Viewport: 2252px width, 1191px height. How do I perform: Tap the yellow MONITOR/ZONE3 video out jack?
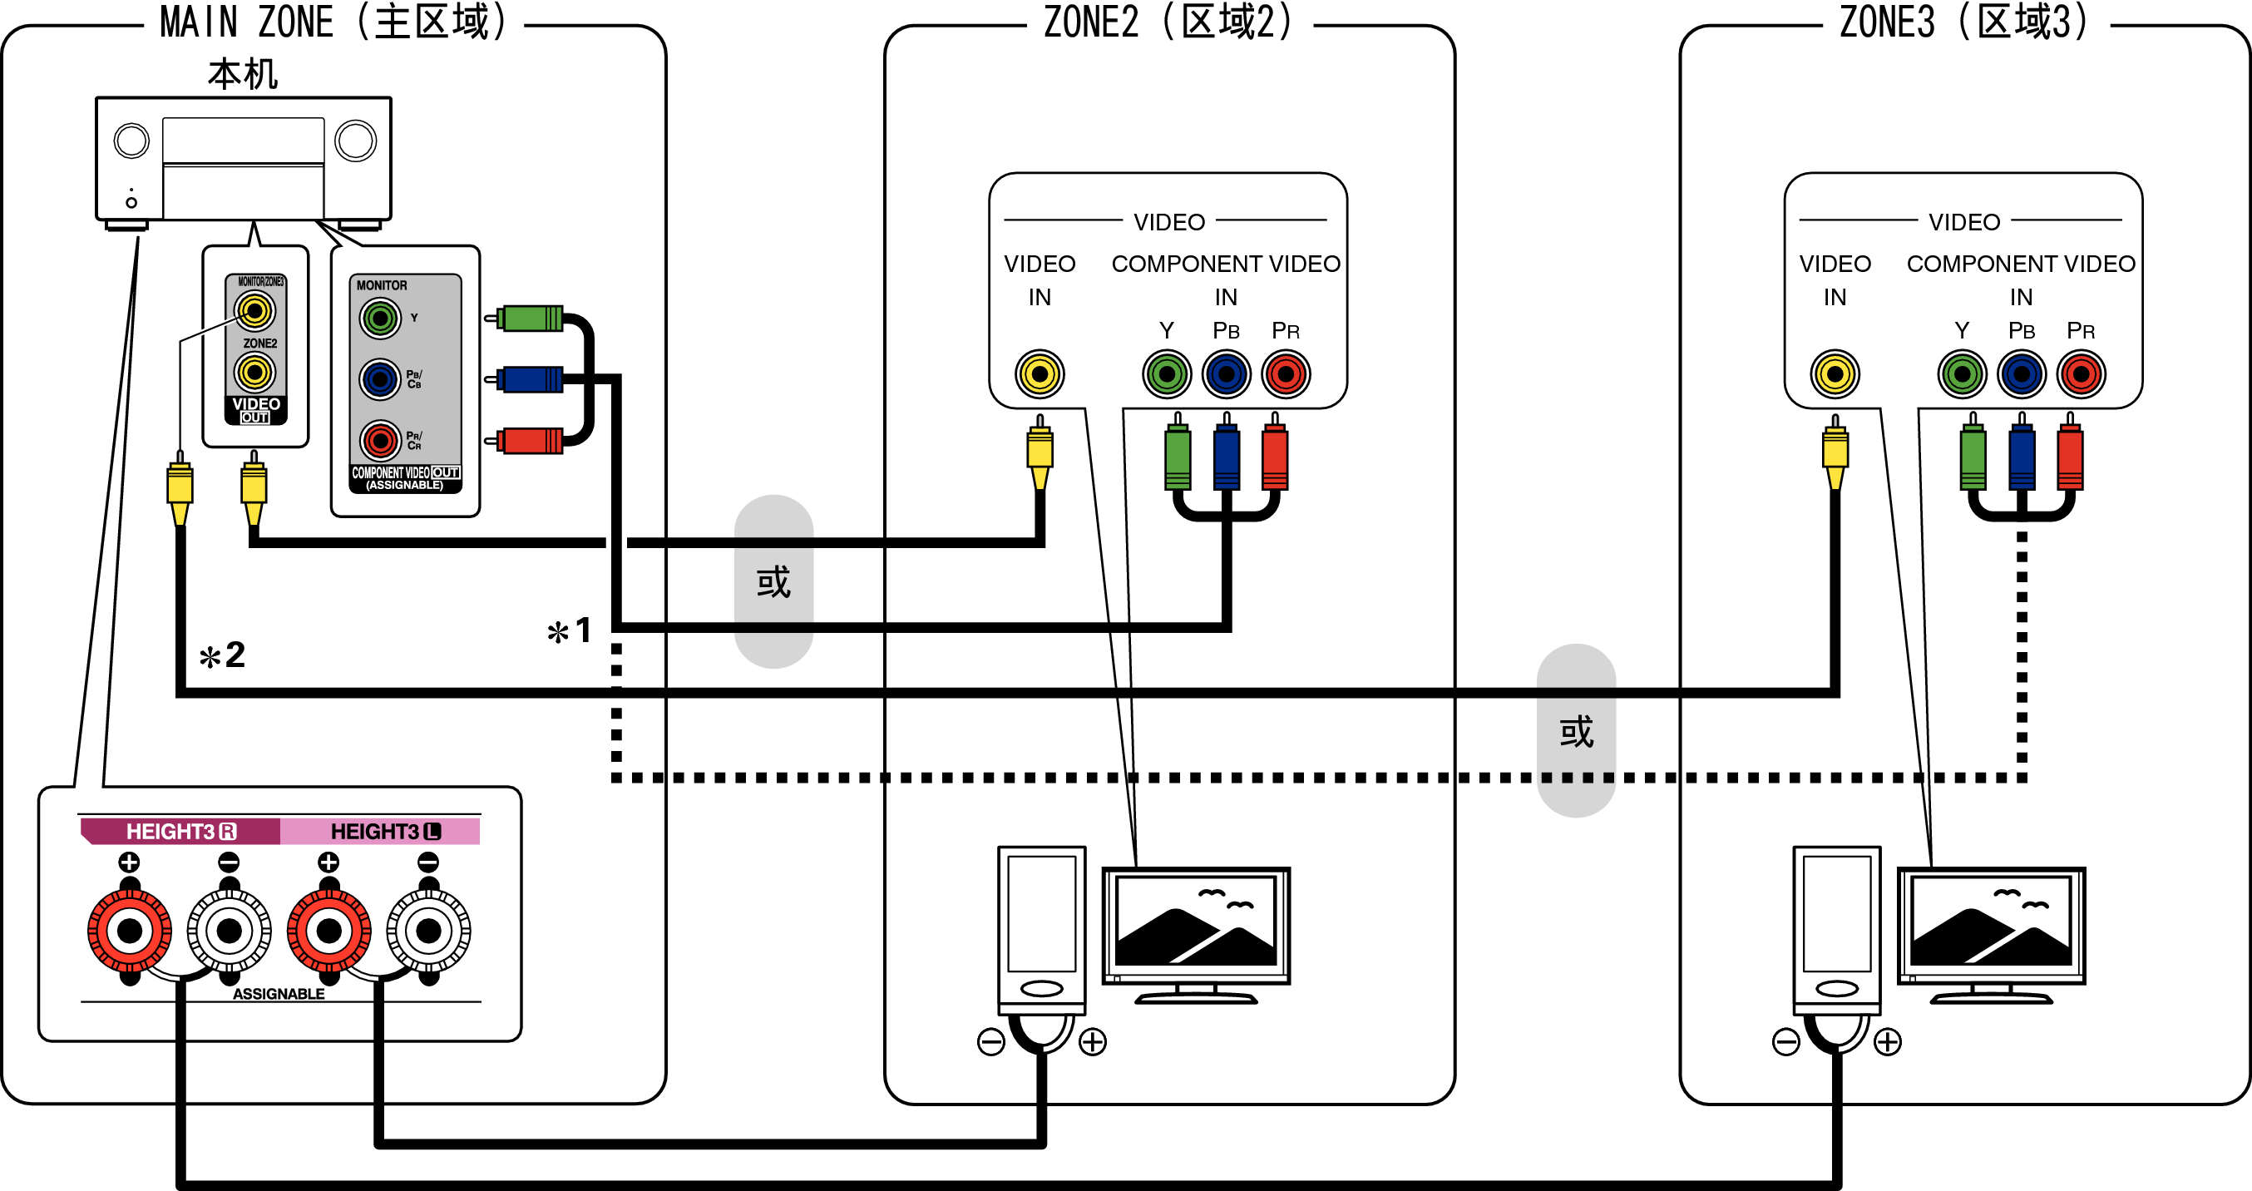[254, 310]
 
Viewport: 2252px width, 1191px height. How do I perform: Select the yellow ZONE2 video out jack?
[254, 373]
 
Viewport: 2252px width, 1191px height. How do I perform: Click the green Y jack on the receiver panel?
[379, 319]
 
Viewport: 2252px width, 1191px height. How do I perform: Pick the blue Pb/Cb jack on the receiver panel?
[379, 379]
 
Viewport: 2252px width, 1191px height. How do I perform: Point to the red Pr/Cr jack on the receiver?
[379, 441]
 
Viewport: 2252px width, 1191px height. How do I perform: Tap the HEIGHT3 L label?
[385, 832]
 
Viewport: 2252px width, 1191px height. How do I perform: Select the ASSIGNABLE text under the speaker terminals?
[278, 994]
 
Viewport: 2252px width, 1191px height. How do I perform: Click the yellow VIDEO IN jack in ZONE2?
[1039, 374]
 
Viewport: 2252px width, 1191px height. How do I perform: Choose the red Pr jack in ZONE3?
[2081, 374]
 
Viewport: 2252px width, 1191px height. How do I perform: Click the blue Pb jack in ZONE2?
[1226, 374]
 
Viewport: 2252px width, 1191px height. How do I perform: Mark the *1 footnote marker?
[570, 631]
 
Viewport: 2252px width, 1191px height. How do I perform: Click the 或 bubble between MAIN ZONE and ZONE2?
[773, 582]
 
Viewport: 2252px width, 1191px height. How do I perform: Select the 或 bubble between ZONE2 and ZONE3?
[1575, 732]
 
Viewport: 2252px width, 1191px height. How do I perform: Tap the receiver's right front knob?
[356, 141]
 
